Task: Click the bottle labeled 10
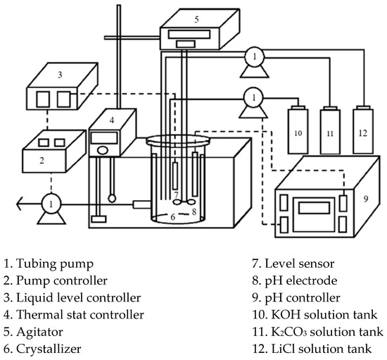click(x=298, y=130)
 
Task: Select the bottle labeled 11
click(x=330, y=130)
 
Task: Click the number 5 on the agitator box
click(x=196, y=19)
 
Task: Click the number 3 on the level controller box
click(x=60, y=75)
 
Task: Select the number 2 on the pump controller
click(x=42, y=161)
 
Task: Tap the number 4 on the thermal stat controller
click(x=112, y=120)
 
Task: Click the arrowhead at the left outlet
click(x=20, y=204)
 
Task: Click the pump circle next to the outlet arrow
click(x=51, y=204)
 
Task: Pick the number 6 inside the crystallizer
click(x=173, y=217)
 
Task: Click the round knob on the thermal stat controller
click(x=103, y=150)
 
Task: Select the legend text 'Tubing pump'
click(x=55, y=264)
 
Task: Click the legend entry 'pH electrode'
click(x=301, y=280)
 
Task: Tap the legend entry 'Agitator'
click(x=39, y=332)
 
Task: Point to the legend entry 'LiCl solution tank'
click(x=322, y=349)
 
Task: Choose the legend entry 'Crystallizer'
click(x=49, y=349)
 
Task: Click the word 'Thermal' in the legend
click(x=36, y=315)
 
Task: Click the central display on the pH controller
click(x=315, y=208)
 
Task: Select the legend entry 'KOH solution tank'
click(x=324, y=315)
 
